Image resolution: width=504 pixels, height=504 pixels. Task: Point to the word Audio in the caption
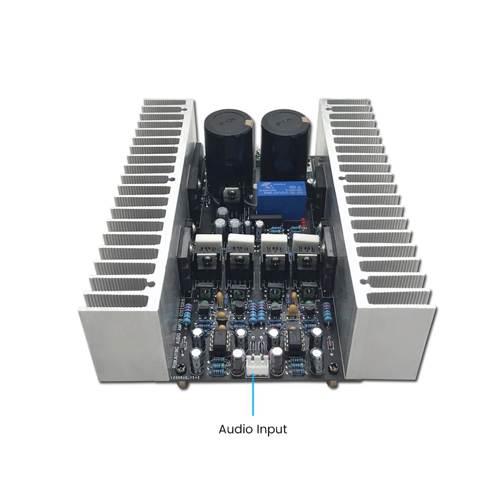[x=235, y=429]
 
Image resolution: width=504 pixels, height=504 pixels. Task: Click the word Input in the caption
[x=271, y=429]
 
